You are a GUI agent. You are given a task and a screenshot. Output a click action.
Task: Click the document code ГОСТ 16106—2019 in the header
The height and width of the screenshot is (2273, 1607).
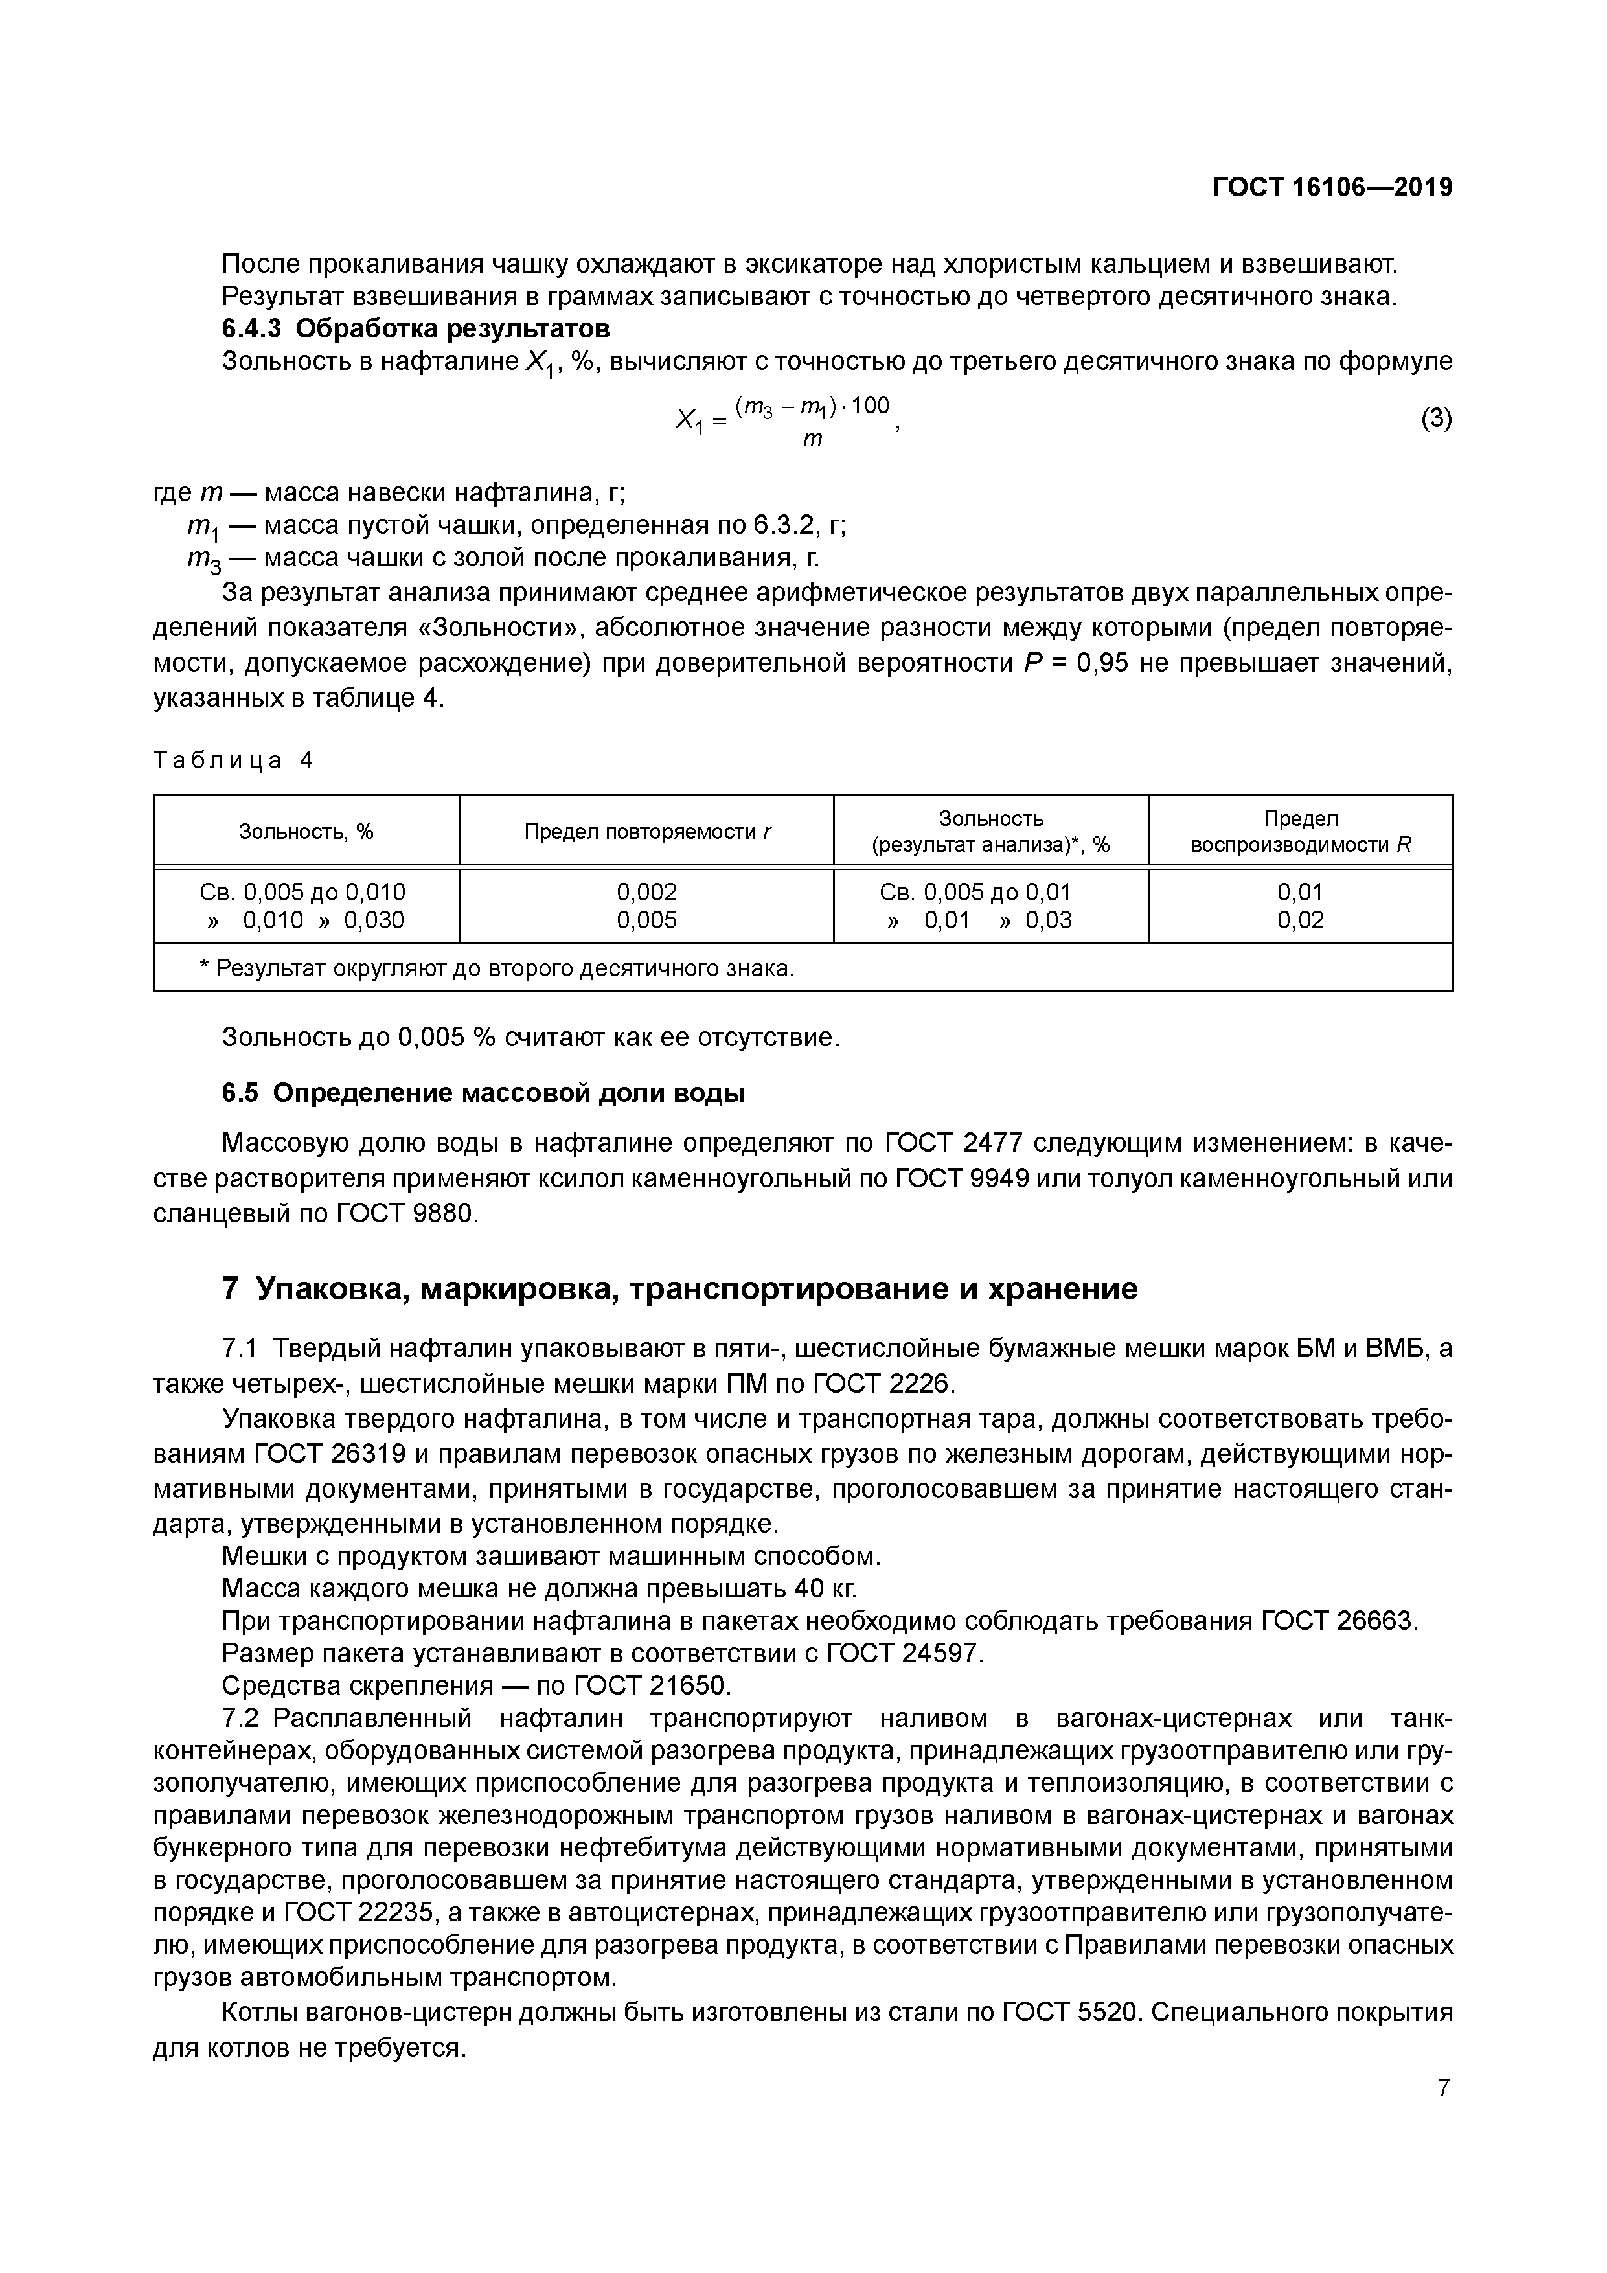point(1332,187)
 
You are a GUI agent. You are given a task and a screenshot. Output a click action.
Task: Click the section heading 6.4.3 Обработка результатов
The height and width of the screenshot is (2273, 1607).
point(416,328)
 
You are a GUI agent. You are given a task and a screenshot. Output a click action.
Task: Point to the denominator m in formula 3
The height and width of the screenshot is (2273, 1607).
point(812,440)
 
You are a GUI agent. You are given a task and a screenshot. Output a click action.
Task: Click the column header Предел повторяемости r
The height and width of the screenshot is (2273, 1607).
point(646,832)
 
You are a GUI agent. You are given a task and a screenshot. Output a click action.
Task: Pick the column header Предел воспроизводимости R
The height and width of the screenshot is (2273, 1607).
point(1300,832)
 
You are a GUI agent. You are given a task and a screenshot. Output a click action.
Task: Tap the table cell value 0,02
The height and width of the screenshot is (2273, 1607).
point(1300,920)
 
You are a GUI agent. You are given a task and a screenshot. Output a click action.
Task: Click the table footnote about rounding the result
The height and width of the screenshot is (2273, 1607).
point(497,968)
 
